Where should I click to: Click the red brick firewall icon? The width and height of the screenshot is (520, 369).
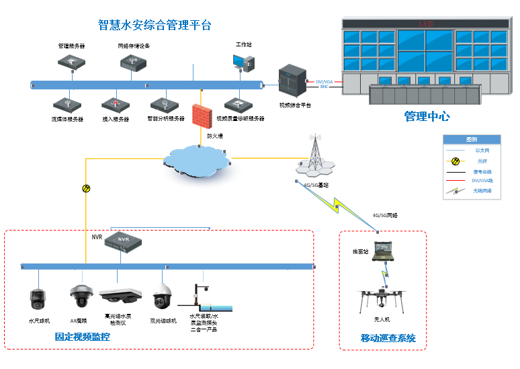tap(200, 115)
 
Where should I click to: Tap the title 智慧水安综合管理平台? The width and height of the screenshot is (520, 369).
tap(155, 26)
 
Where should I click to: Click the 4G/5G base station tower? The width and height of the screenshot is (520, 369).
tap(314, 155)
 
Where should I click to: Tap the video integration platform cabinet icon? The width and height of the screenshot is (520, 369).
tap(293, 81)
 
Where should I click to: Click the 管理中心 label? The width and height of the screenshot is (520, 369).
tap(427, 116)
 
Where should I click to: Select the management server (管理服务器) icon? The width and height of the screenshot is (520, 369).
tap(71, 62)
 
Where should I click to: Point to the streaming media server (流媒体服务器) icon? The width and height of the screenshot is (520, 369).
tap(67, 105)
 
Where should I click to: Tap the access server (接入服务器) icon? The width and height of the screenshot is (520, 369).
tap(115, 105)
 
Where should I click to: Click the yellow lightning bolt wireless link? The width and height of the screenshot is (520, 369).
tap(343, 202)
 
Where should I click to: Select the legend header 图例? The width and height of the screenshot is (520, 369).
tap(471, 139)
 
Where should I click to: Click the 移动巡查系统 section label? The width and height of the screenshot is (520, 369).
tap(388, 338)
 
